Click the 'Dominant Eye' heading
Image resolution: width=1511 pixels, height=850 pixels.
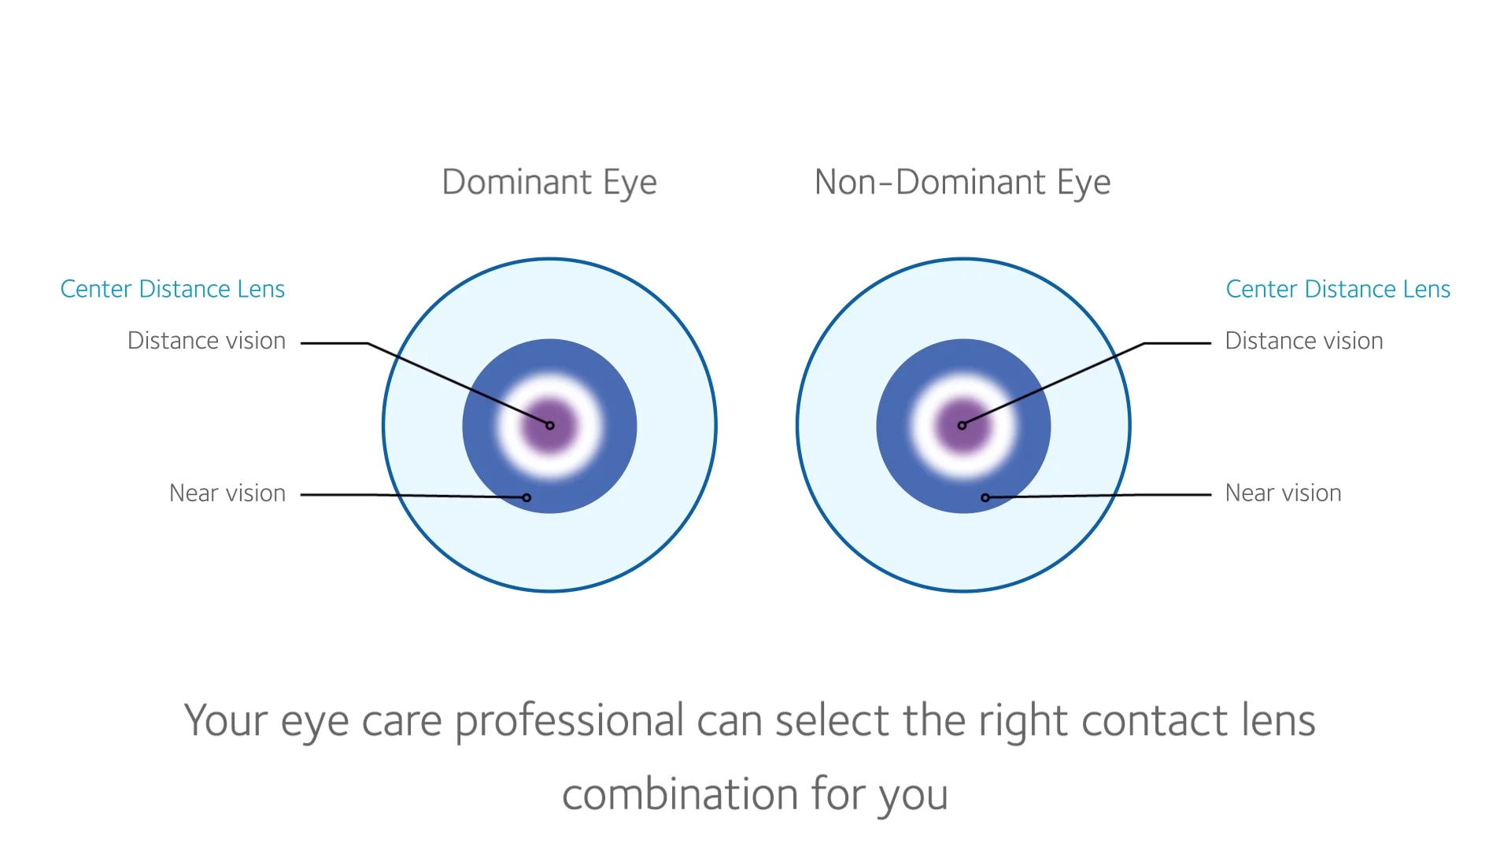549,183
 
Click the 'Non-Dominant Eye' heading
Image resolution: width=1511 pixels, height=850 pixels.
962,183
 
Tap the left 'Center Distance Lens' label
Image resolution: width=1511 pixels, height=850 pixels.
172,290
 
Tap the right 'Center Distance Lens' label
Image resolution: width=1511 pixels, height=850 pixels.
1338,290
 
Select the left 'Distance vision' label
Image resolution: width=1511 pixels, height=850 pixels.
206,341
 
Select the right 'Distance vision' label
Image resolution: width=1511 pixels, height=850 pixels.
1304,341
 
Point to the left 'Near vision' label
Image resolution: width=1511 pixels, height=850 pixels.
227,493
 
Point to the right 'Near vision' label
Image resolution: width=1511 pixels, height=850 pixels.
1283,493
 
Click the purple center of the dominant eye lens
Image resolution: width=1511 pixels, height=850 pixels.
550,426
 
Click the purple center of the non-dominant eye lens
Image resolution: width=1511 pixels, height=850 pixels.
962,426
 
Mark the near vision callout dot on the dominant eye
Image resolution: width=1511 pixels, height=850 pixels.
526,497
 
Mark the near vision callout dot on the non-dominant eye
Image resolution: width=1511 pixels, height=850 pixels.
985,497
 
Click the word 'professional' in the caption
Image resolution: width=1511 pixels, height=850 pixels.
570,722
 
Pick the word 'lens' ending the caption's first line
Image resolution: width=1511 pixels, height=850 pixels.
1279,722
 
